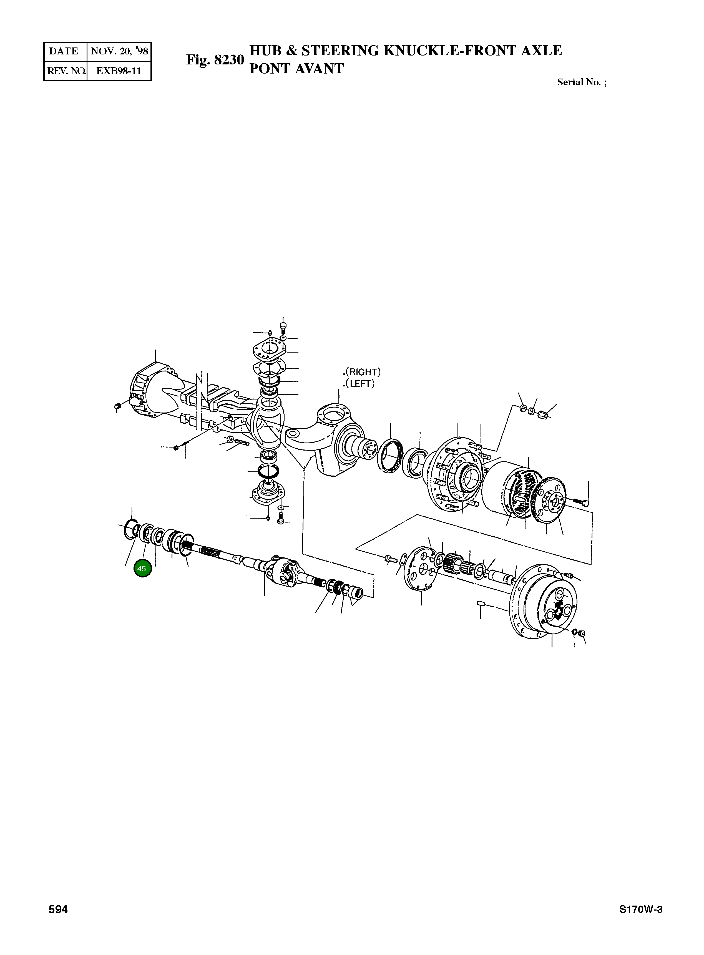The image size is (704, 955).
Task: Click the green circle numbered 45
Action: [142, 569]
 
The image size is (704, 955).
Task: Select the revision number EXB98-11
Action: [119, 71]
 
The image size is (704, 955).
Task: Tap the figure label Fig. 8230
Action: [215, 60]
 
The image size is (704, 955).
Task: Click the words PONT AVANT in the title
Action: [296, 69]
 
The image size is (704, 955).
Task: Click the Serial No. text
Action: [582, 82]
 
